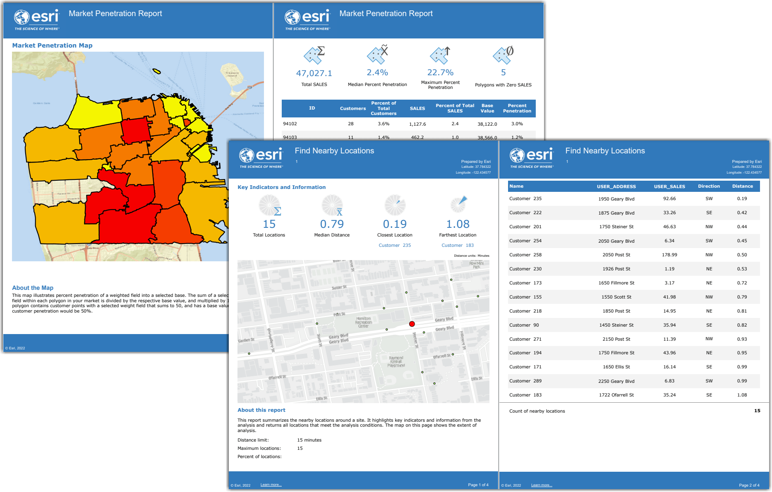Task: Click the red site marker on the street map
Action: coord(412,324)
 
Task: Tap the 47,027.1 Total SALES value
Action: coord(314,73)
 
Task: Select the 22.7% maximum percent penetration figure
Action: coord(440,72)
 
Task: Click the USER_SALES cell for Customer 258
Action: coord(669,255)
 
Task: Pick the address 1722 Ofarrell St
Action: coord(616,395)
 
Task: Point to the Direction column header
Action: coord(709,186)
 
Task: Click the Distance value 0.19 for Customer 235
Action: coord(742,198)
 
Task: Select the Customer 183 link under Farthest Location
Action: coord(457,245)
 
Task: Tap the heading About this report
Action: coord(261,410)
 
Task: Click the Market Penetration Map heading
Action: coord(52,45)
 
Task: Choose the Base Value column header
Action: coord(487,108)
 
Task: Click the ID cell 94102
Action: coord(290,124)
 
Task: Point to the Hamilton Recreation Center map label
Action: coord(363,322)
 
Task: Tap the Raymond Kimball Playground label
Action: coord(396,361)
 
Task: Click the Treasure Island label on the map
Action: coord(232,74)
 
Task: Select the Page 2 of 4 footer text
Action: coord(749,485)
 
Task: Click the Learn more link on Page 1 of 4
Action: coord(271,485)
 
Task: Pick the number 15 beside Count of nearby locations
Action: coord(757,411)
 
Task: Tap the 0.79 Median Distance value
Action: coord(331,224)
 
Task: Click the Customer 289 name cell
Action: coord(525,381)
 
